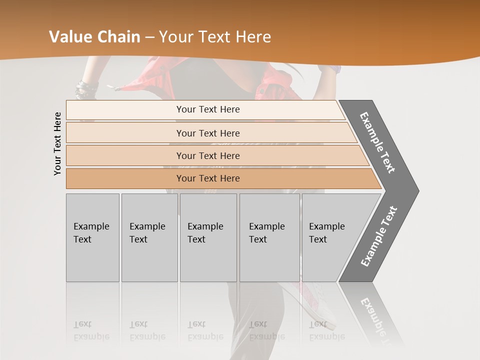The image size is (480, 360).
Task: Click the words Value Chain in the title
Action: tap(94, 37)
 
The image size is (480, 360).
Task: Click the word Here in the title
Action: tap(253, 37)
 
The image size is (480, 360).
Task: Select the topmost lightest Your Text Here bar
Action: tap(208, 109)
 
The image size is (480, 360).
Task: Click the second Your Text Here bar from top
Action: tap(208, 133)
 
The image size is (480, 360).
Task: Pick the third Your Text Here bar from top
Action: tap(208, 156)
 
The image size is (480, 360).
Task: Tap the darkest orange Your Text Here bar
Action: tap(208, 178)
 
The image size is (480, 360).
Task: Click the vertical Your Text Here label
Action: tap(58, 143)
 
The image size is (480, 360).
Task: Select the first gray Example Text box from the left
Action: tap(92, 237)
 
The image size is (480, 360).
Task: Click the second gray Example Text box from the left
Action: tap(149, 237)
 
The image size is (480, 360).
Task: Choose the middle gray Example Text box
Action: tap(208, 237)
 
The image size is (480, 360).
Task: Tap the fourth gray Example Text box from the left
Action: tap(269, 237)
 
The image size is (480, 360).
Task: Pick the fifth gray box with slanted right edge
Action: tap(330, 237)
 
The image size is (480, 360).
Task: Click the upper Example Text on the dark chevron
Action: tap(377, 142)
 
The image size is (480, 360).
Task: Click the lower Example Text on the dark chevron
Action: tap(379, 236)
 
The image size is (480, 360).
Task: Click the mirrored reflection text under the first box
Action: tap(91, 331)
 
